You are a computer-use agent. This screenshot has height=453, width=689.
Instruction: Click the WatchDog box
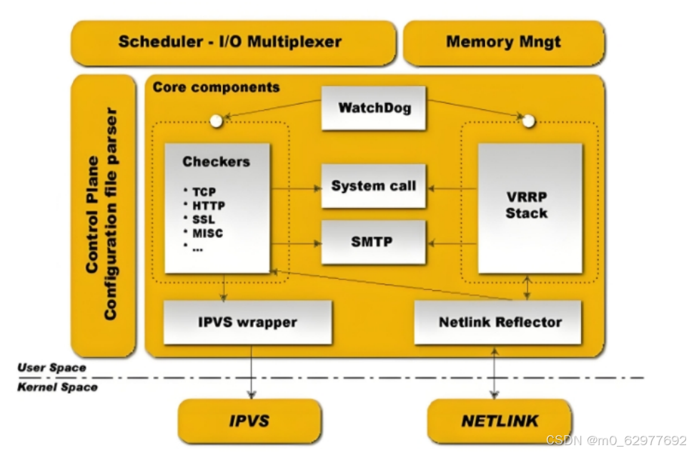(374, 108)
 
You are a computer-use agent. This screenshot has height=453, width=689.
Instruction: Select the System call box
(374, 186)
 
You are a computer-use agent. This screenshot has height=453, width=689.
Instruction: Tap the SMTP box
(374, 242)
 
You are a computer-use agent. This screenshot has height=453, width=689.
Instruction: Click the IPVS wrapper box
(247, 322)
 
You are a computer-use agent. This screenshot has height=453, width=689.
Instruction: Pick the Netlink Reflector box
(498, 322)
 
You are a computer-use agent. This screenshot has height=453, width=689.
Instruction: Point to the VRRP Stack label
(527, 205)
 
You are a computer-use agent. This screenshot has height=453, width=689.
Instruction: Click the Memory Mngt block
(504, 43)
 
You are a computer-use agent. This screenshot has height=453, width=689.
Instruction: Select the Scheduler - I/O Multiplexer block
(233, 43)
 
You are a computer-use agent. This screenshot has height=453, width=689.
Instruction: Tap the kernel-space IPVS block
(249, 421)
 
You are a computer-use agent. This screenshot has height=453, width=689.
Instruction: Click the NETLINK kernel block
(500, 421)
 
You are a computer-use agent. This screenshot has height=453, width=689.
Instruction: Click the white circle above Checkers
(216, 121)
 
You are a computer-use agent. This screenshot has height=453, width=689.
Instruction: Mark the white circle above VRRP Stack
(529, 121)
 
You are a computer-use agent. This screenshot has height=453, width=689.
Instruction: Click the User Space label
(52, 368)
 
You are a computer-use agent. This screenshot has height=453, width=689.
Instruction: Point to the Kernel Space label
(58, 387)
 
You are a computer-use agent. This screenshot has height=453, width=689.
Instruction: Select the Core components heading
(216, 87)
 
